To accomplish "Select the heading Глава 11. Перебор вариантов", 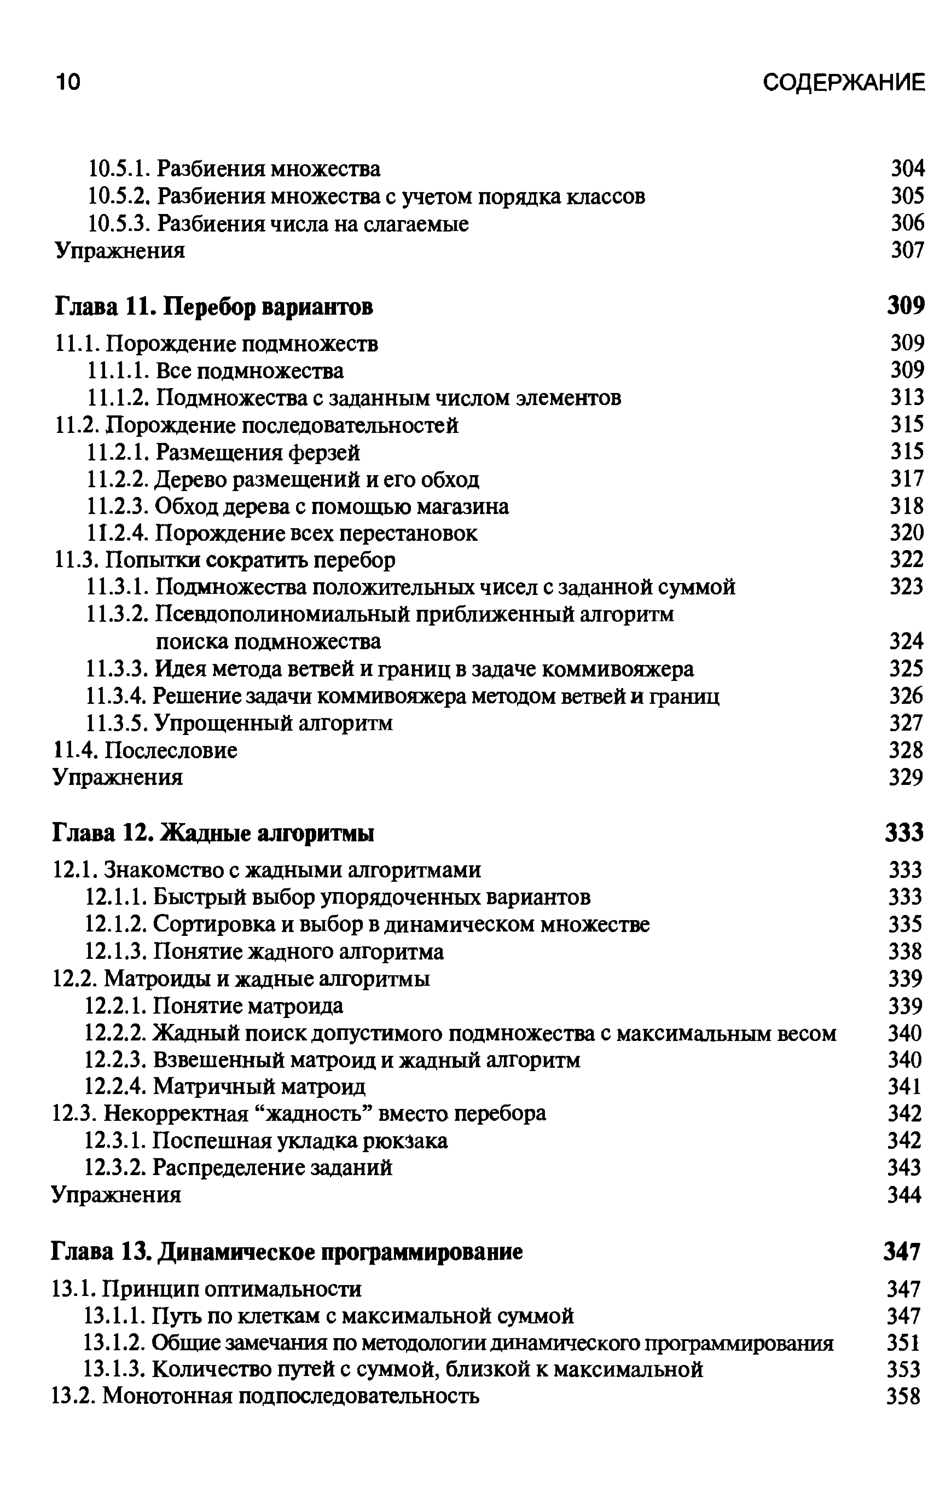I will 214,306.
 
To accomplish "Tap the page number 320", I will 906,532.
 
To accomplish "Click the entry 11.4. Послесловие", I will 146,750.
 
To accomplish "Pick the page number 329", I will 906,777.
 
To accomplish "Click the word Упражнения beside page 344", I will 117,1195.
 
